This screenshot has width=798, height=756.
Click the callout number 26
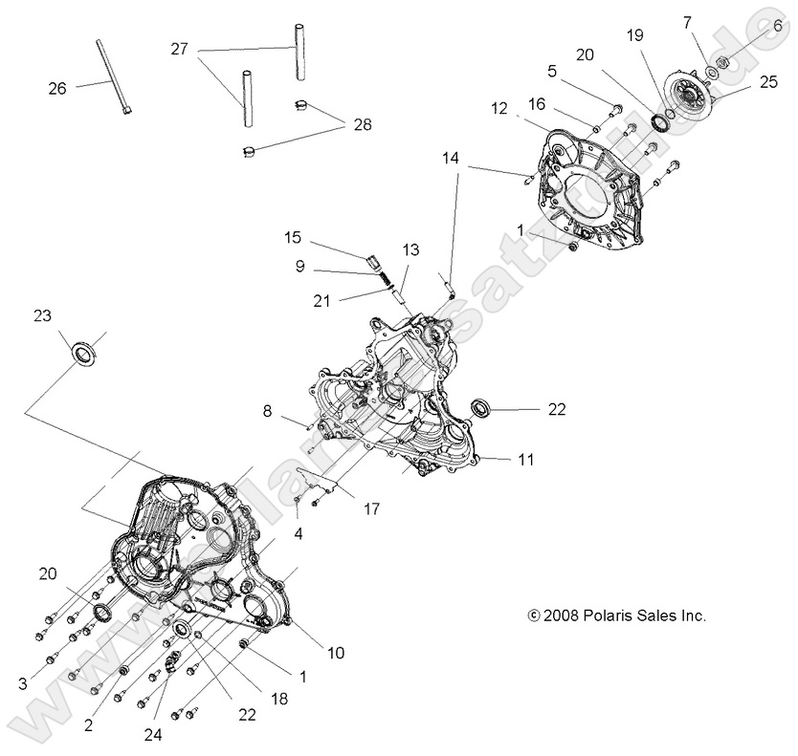pyautogui.click(x=56, y=88)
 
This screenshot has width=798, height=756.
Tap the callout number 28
pyautogui.click(x=361, y=124)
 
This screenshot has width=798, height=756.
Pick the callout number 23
pyautogui.click(x=42, y=316)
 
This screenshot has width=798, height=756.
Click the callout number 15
pyautogui.click(x=293, y=237)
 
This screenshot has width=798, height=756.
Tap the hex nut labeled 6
pyautogui.click(x=723, y=60)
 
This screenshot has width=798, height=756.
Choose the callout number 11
pyautogui.click(x=526, y=460)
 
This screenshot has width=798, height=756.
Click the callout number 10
pyautogui.click(x=335, y=654)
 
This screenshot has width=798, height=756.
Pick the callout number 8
pyautogui.click(x=269, y=412)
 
